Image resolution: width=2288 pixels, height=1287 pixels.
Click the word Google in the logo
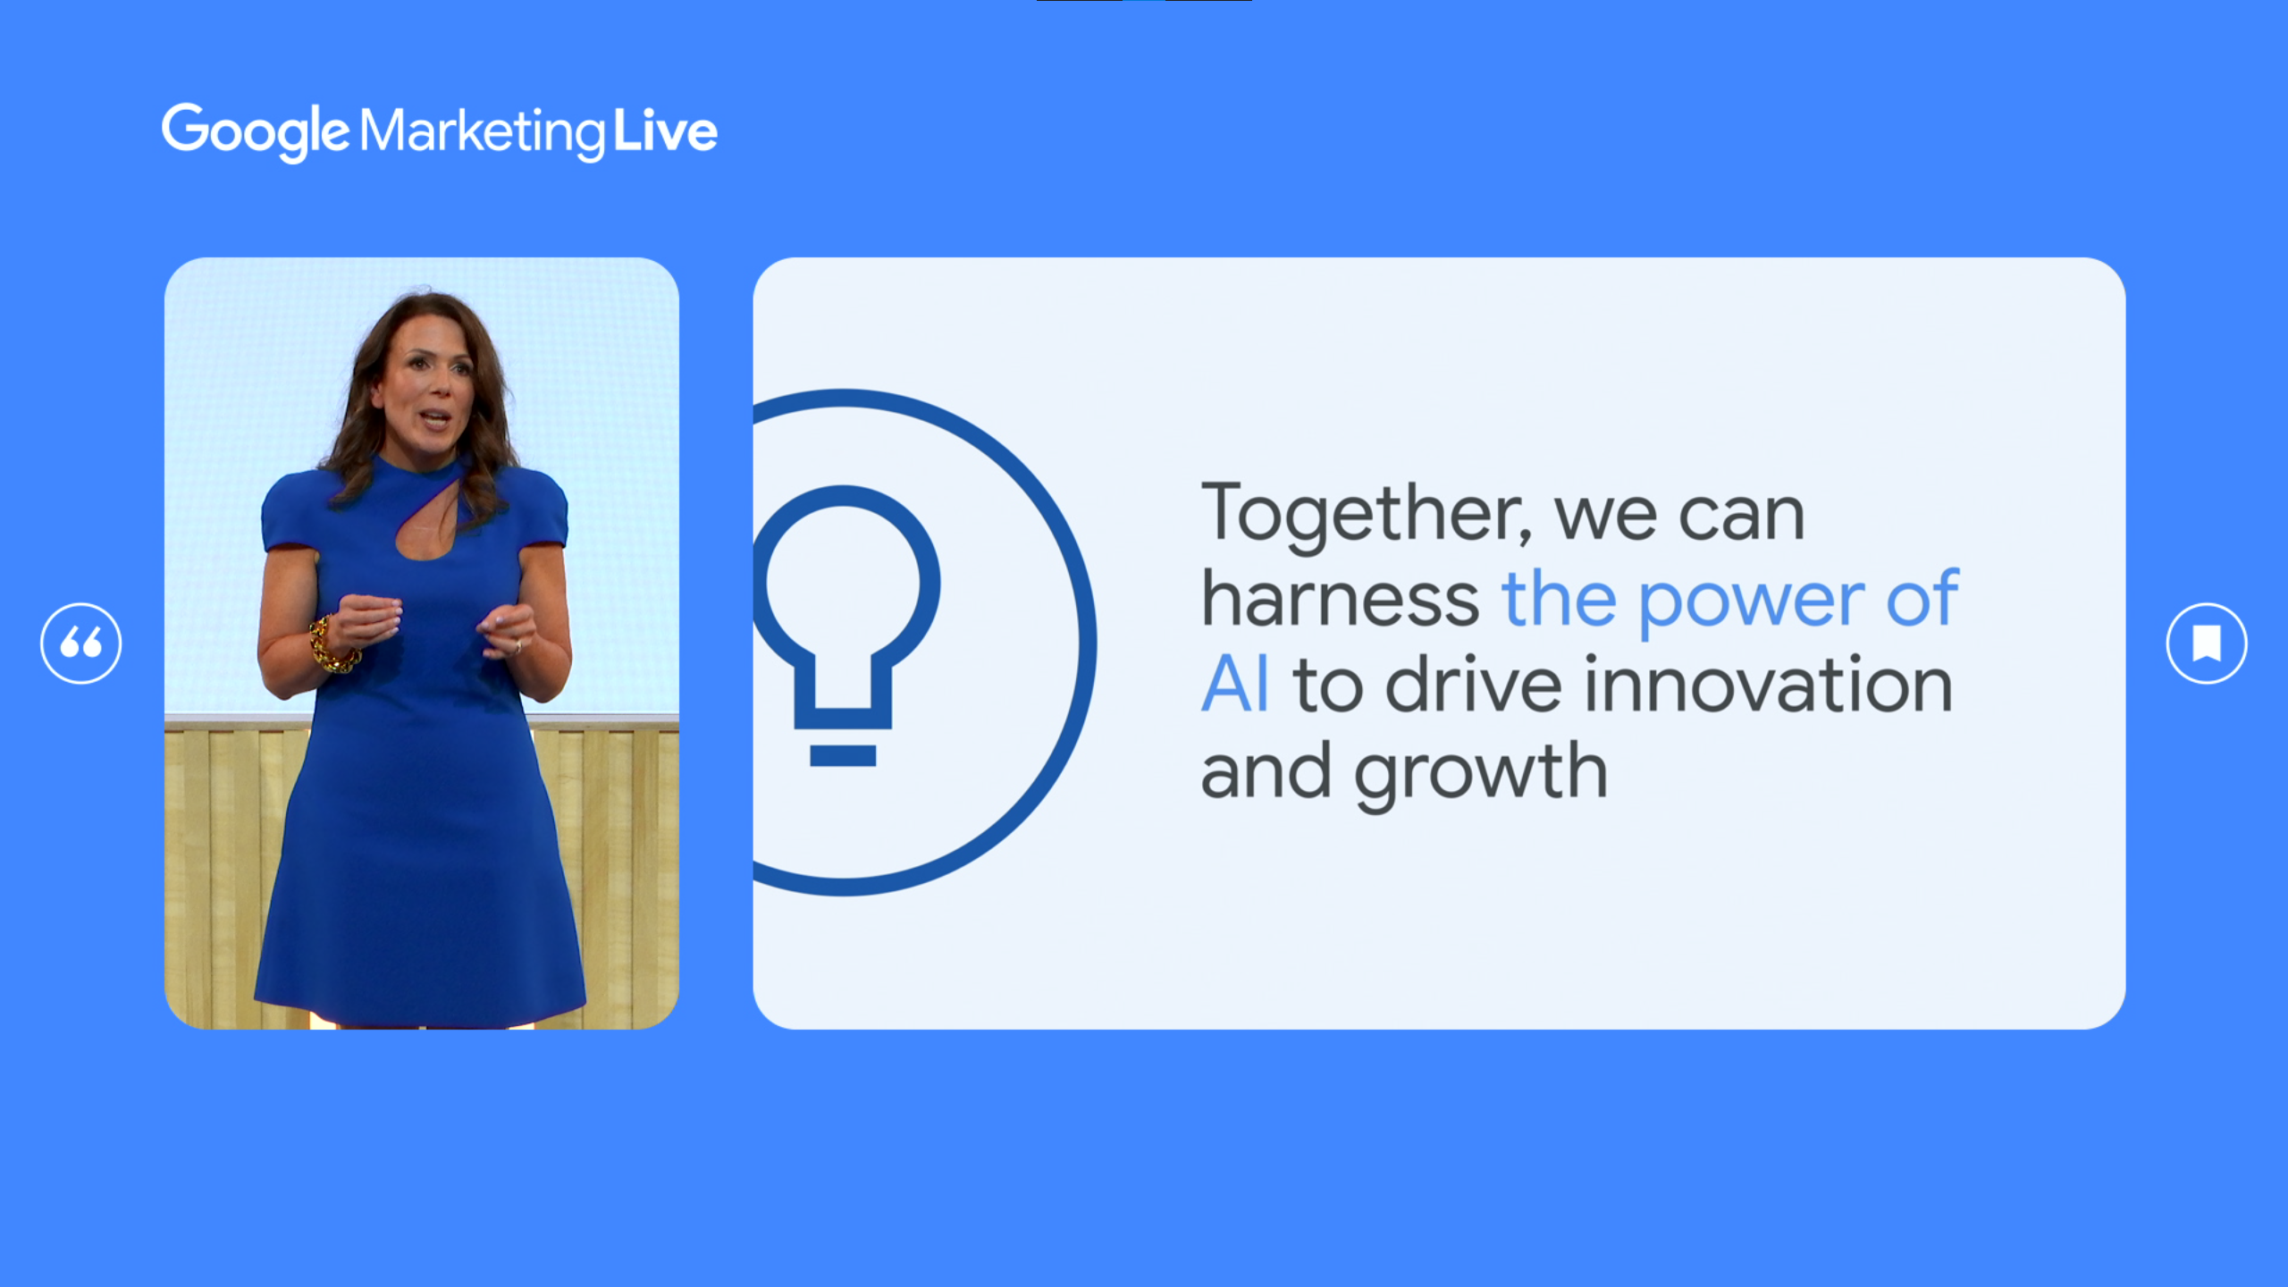tap(255, 132)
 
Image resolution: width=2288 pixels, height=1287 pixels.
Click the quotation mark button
tap(81, 643)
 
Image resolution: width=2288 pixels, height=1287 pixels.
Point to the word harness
tap(1341, 599)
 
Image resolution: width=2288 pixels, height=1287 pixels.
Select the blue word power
tap(1752, 603)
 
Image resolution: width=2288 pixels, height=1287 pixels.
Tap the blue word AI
tap(1234, 685)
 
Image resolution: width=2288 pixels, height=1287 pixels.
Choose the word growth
tap(1481, 774)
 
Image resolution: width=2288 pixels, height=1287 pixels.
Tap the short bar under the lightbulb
tap(843, 755)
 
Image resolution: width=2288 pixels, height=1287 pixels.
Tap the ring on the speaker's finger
tap(518, 646)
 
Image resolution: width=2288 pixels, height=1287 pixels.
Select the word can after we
tap(1743, 518)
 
